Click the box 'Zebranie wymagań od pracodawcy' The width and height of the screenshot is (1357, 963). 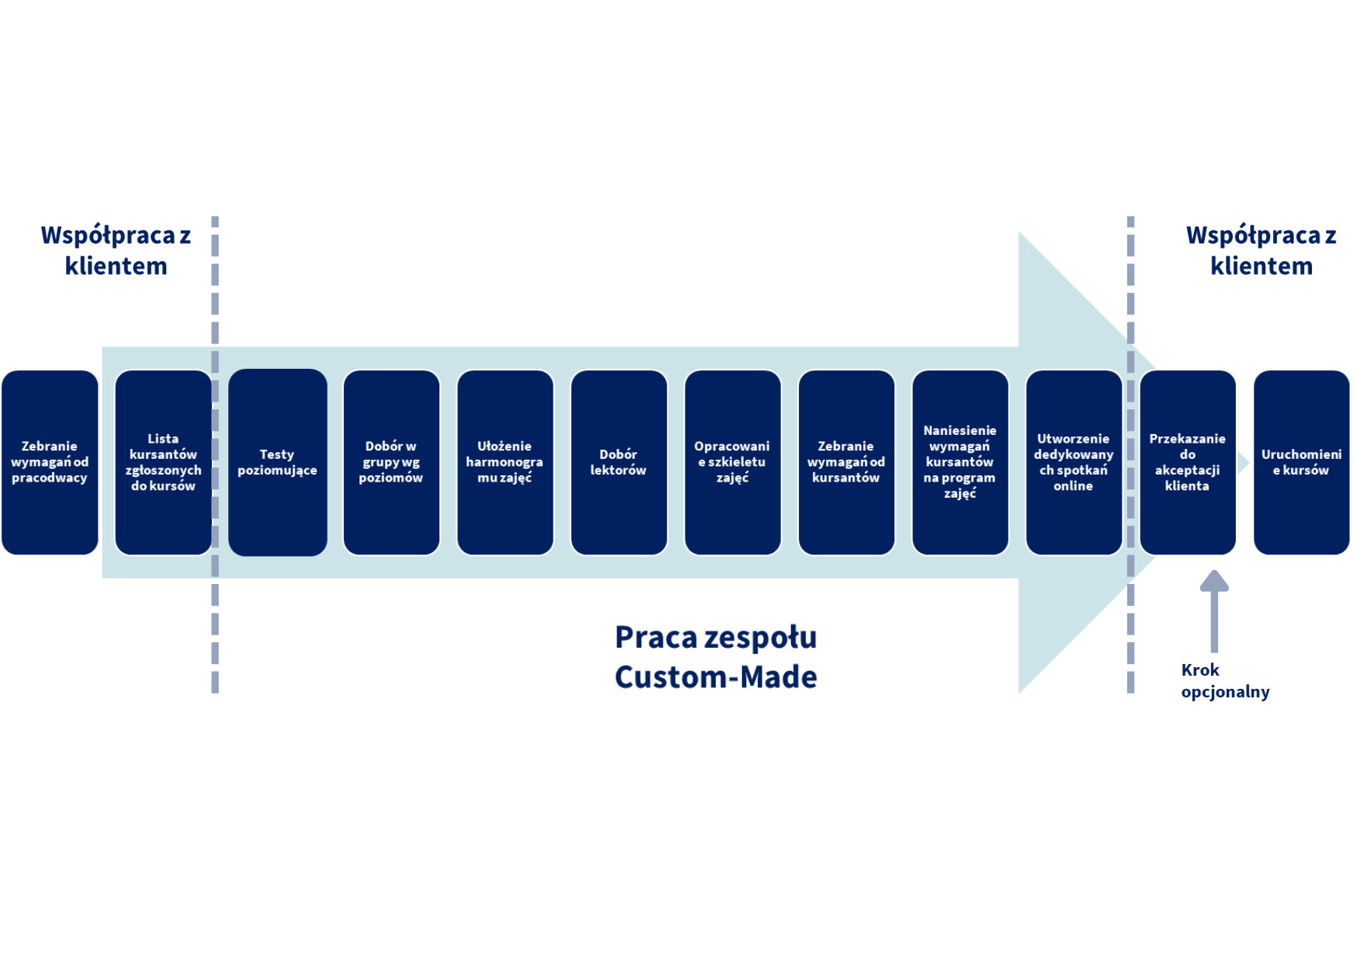tap(50, 462)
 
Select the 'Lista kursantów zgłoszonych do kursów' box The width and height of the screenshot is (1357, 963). tap(163, 462)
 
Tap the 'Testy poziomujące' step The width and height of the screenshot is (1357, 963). tap(277, 462)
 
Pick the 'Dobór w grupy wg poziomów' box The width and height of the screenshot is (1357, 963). tap(391, 462)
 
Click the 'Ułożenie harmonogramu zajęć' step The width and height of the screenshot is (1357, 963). tap(505, 462)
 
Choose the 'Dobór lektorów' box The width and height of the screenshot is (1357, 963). tap(619, 462)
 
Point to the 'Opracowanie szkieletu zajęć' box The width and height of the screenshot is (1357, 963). tap(732, 462)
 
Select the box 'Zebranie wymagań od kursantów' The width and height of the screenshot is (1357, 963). tap(846, 462)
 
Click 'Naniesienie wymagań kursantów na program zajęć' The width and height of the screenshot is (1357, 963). tap(960, 462)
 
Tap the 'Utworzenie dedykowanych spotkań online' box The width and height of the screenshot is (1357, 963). tap(1074, 462)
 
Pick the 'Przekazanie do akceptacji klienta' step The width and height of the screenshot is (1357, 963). tap(1188, 462)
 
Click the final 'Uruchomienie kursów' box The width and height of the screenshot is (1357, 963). tap(1301, 462)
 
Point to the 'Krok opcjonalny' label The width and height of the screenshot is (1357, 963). tap(1224, 681)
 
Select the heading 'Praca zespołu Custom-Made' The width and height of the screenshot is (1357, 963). tap(716, 657)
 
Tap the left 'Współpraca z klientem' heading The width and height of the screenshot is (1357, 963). tap(116, 250)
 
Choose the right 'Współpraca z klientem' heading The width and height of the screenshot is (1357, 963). tap(1261, 250)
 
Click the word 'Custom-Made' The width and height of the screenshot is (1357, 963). tap(716, 677)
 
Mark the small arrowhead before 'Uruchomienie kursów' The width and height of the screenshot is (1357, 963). tap(1243, 463)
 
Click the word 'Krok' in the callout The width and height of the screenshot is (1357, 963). tap(1200, 670)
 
